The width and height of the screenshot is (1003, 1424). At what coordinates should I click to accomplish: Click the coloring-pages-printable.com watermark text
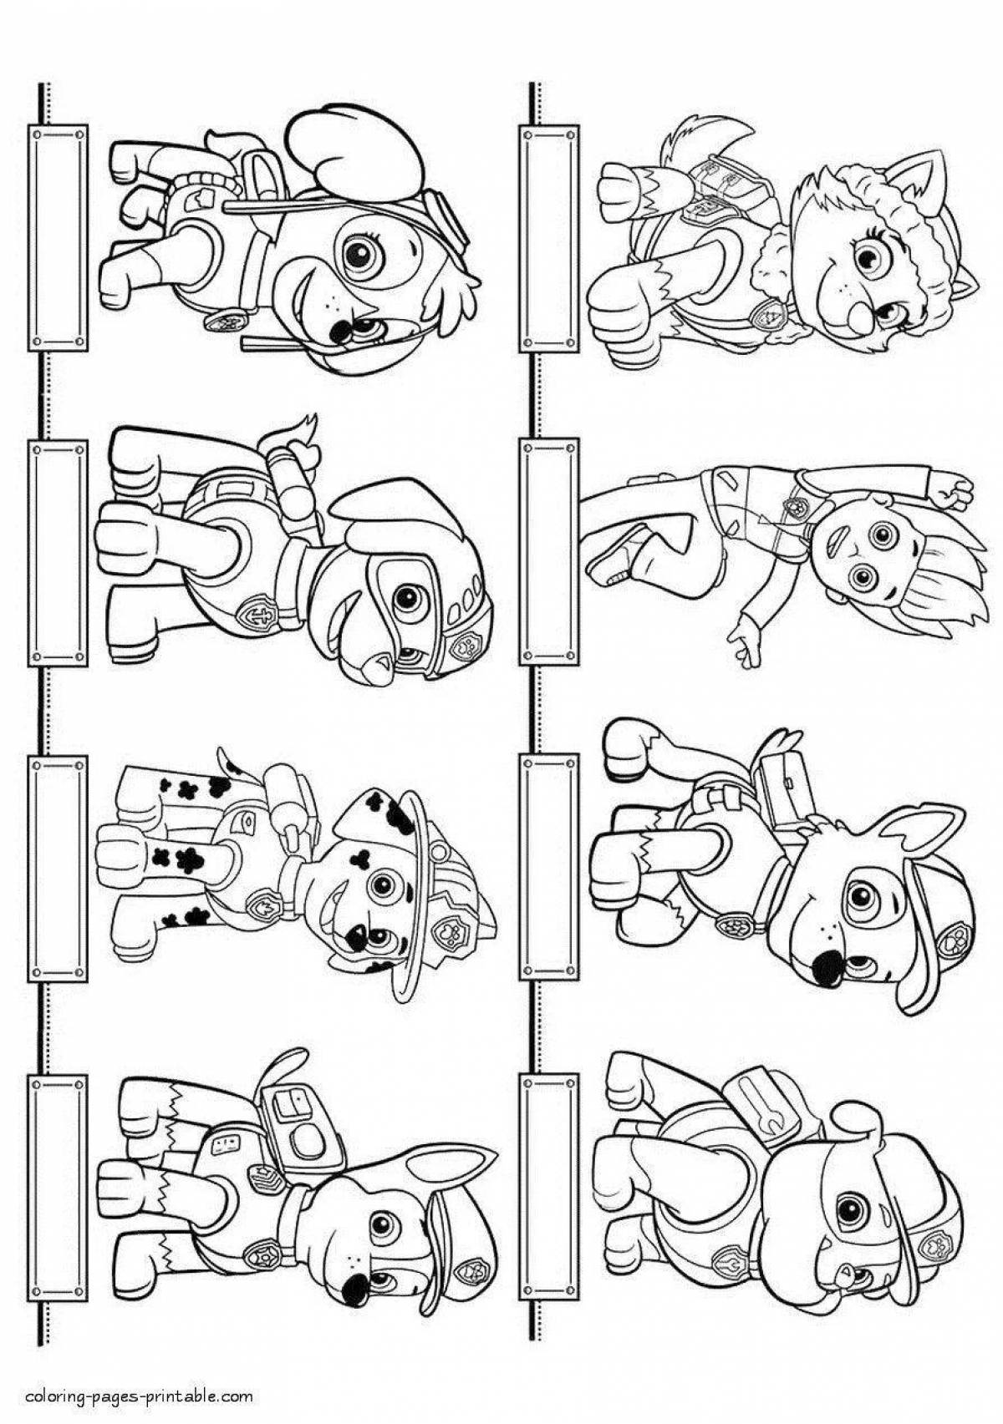(140, 1396)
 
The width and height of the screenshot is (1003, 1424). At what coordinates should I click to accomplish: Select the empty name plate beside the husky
(548, 238)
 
